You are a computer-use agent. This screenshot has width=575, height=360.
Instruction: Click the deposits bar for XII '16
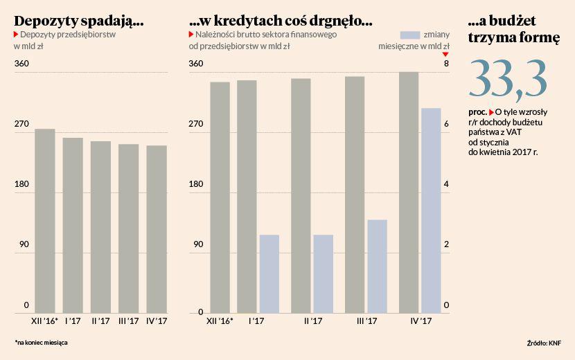pyautogui.click(x=45, y=221)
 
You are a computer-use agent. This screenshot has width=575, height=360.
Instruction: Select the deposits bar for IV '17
pyautogui.click(x=157, y=229)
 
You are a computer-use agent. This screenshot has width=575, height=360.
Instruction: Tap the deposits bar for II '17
pyautogui.click(x=100, y=227)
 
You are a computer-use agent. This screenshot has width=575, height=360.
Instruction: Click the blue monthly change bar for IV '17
pyautogui.click(x=431, y=210)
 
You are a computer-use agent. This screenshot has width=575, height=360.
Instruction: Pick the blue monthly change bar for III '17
pyautogui.click(x=377, y=267)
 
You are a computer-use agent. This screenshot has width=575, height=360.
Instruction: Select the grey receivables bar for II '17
pyautogui.click(x=301, y=196)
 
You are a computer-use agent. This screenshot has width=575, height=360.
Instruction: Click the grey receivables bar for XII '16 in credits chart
pyautogui.click(x=220, y=197)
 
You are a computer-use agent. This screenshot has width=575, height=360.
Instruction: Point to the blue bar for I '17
pyautogui.click(x=269, y=274)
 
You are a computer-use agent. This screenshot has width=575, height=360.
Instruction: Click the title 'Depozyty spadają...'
pyautogui.click(x=78, y=21)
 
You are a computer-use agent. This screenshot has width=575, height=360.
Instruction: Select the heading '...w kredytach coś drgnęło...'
pyautogui.click(x=280, y=21)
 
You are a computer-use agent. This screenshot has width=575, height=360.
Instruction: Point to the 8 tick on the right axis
pyautogui.click(x=446, y=64)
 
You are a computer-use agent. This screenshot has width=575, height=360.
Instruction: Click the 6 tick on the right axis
pyautogui.click(x=446, y=125)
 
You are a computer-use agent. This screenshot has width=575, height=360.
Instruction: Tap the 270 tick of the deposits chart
pyautogui.click(x=21, y=124)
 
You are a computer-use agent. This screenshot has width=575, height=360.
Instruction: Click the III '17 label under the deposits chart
pyautogui.click(x=128, y=321)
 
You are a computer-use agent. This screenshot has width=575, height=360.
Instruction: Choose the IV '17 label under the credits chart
pyautogui.click(x=421, y=321)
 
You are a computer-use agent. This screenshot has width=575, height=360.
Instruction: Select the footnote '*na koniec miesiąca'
pyautogui.click(x=41, y=343)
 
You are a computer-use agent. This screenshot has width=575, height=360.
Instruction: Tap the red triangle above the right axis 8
pyautogui.click(x=446, y=54)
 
